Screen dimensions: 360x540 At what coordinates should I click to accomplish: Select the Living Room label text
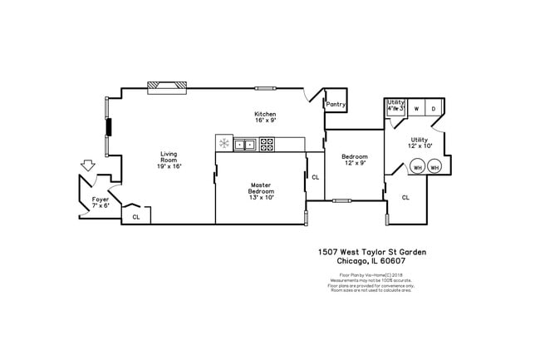[x=169, y=160]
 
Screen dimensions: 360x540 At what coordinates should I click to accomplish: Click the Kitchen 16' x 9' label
[x=265, y=116]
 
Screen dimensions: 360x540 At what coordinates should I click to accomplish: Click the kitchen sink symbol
[x=245, y=144]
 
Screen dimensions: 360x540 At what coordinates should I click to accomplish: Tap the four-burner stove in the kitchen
[x=267, y=144]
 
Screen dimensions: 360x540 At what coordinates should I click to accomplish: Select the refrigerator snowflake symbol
[x=224, y=144]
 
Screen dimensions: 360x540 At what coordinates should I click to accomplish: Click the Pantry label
[x=336, y=105]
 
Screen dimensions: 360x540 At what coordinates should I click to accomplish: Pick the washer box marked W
[x=416, y=109]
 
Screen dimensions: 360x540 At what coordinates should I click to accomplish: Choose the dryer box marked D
[x=434, y=109]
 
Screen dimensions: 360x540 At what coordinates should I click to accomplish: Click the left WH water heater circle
[x=417, y=167]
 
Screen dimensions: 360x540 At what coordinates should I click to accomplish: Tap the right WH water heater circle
[x=434, y=167]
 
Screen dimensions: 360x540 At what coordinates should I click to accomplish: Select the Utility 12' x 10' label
[x=420, y=143]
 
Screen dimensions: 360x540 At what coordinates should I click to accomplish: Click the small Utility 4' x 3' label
[x=395, y=106]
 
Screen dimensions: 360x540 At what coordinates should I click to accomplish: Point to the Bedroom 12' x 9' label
[x=355, y=160]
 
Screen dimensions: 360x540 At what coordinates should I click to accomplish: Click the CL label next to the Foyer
[x=135, y=218]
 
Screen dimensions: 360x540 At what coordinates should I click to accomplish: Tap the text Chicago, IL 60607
[x=371, y=261]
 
